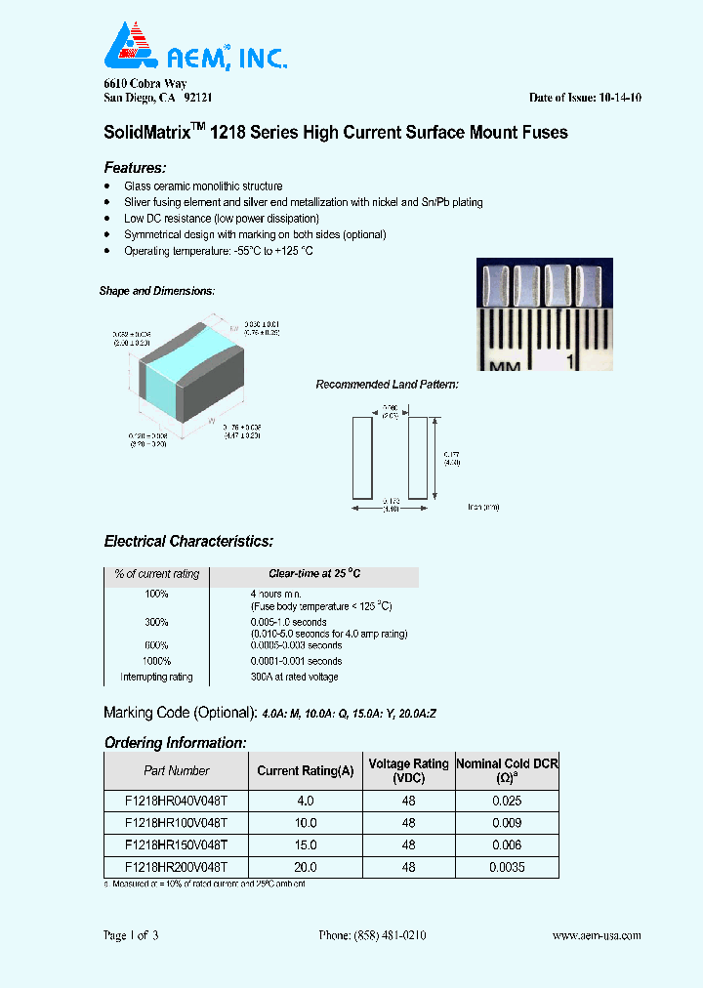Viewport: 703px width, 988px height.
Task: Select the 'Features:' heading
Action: pyautogui.click(x=135, y=167)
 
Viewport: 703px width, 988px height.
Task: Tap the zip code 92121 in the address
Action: pyautogui.click(x=198, y=98)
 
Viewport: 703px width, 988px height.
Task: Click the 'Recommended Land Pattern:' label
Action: pyautogui.click(x=387, y=385)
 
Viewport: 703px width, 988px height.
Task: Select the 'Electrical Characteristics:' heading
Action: pyautogui.click(x=188, y=541)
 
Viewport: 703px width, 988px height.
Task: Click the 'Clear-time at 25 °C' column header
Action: pyautogui.click(x=314, y=574)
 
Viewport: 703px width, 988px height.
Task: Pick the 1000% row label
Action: pyautogui.click(x=156, y=661)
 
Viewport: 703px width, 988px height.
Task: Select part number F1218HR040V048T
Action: pyautogui.click(x=176, y=800)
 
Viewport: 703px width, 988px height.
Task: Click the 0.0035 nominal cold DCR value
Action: pyautogui.click(x=506, y=867)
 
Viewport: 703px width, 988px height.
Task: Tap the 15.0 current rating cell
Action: pyautogui.click(x=306, y=845)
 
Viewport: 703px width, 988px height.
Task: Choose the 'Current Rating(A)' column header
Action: pyautogui.click(x=306, y=770)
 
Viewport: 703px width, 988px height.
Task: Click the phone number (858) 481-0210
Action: pyautogui.click(x=372, y=935)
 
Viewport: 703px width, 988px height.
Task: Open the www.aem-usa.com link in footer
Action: pyautogui.click(x=596, y=935)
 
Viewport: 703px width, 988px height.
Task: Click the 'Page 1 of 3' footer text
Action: pyautogui.click(x=131, y=935)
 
